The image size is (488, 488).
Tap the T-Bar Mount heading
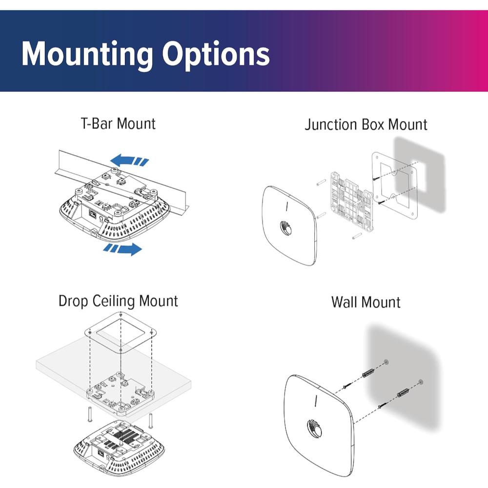118,123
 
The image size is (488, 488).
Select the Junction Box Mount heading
366,124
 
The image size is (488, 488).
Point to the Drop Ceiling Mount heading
118,301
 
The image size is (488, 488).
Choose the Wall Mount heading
366,302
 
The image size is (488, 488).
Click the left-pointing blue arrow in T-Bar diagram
128,161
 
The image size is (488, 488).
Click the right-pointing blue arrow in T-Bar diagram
123,249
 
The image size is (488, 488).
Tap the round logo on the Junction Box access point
285,227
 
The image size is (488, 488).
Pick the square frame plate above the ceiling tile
121,332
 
